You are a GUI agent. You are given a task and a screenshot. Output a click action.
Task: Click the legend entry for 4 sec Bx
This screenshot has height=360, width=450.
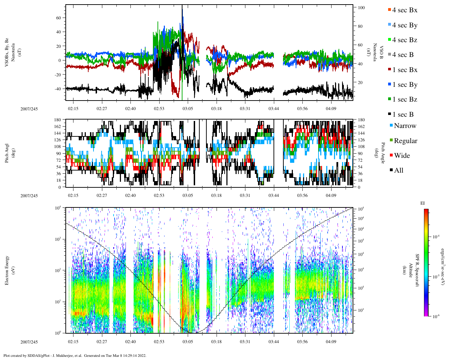(405, 10)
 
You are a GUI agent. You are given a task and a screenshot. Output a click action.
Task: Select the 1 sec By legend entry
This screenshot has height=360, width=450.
(405, 85)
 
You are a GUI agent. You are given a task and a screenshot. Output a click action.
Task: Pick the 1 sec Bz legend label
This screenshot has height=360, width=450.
(405, 99)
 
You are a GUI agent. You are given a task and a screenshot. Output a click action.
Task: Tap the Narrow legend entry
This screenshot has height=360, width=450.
(405, 126)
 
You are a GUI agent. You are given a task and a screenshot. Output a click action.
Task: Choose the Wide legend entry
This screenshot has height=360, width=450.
(401, 156)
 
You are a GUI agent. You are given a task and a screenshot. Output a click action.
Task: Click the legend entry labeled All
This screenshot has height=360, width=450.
(398, 171)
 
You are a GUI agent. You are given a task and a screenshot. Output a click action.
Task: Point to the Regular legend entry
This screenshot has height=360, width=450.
(405, 141)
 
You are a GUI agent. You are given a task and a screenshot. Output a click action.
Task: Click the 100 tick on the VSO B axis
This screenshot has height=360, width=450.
(361, 8)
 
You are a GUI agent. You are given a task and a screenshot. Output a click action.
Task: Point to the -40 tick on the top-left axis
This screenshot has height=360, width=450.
(59, 89)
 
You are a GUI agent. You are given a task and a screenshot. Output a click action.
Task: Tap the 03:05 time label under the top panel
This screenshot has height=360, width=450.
(188, 109)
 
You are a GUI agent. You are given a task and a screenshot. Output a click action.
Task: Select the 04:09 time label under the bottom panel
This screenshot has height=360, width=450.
(331, 342)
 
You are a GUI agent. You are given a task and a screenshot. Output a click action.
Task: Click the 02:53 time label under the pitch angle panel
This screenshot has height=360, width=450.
(159, 195)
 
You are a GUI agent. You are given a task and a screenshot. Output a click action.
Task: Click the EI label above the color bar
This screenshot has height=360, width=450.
(423, 203)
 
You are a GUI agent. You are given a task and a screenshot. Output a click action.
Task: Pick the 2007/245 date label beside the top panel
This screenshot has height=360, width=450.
(29, 109)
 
